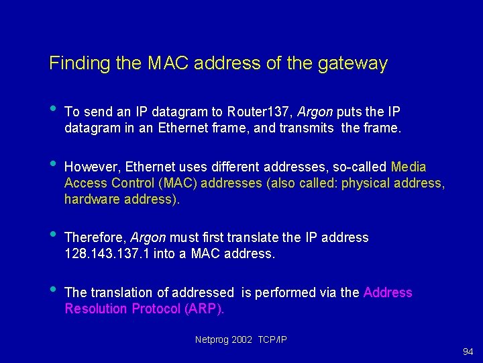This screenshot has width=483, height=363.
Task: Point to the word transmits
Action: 306,128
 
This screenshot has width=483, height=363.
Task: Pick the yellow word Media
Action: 408,167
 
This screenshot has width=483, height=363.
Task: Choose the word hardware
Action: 89,199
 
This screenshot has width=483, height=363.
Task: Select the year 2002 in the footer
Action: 242,340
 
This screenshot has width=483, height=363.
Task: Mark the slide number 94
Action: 468,352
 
